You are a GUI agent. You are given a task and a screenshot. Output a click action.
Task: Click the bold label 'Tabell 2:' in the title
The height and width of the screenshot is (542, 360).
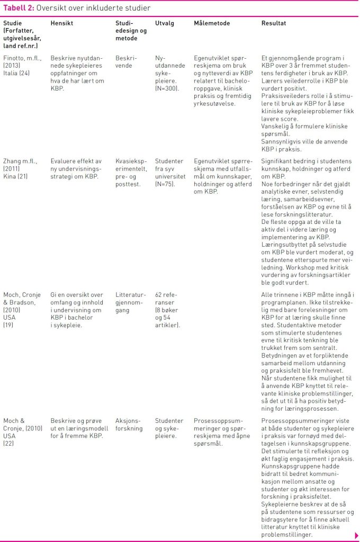pyautogui.click(x=19, y=8)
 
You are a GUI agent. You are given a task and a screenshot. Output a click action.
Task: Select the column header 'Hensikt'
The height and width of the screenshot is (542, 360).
pyautogui.click(x=61, y=24)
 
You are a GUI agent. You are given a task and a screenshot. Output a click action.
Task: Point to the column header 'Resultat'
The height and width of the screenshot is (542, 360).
pyautogui.click(x=274, y=24)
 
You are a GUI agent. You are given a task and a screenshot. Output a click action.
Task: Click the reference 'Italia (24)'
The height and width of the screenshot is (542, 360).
pyautogui.click(x=17, y=74)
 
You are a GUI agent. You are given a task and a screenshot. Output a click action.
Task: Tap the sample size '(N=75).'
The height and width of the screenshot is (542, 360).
pyautogui.click(x=166, y=186)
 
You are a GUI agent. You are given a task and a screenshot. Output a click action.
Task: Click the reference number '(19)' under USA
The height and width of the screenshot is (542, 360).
pyautogui.click(x=10, y=324)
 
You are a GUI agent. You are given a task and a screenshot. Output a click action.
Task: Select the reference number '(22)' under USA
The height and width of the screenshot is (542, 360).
pyautogui.click(x=10, y=444)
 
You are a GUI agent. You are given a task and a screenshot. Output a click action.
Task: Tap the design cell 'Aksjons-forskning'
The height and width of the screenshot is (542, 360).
pyautogui.click(x=129, y=424)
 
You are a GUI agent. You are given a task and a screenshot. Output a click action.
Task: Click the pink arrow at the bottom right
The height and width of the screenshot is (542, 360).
pyautogui.click(x=356, y=535)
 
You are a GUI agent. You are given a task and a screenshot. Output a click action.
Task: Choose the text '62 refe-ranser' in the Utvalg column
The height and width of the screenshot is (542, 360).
pyautogui.click(x=165, y=299)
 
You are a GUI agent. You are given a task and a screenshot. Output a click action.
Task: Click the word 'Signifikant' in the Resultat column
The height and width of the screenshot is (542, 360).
pyautogui.click(x=278, y=161)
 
